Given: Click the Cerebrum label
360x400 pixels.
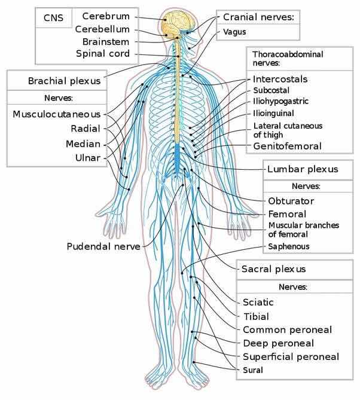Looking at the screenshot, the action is [106, 16].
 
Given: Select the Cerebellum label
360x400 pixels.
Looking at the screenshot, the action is [102, 29].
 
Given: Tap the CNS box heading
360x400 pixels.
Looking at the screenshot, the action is [53, 18].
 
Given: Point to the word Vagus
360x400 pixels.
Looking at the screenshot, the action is [234, 32].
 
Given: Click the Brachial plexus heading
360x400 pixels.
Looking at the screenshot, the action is [65, 81].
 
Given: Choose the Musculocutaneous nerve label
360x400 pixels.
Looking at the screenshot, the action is [57, 114].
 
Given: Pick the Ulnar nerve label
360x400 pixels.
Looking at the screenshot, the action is [88, 158].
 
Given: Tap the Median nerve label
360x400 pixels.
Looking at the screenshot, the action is [83, 144].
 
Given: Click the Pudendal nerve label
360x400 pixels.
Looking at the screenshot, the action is [103, 246].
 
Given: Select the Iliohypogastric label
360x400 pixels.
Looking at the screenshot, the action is [280, 101].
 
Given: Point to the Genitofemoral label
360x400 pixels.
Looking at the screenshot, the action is [287, 146].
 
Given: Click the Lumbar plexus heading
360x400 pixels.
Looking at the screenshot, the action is [303, 169].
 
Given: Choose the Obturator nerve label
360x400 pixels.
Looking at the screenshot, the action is [291, 201].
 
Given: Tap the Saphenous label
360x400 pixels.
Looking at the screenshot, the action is [289, 246].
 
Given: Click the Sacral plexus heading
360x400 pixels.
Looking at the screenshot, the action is [273, 269].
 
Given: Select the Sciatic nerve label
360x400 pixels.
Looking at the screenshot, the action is [258, 303].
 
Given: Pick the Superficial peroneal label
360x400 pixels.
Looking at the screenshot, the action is [291, 356].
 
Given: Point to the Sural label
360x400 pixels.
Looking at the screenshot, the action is [252, 370].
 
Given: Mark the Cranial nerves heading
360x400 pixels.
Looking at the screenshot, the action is [258, 17].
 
